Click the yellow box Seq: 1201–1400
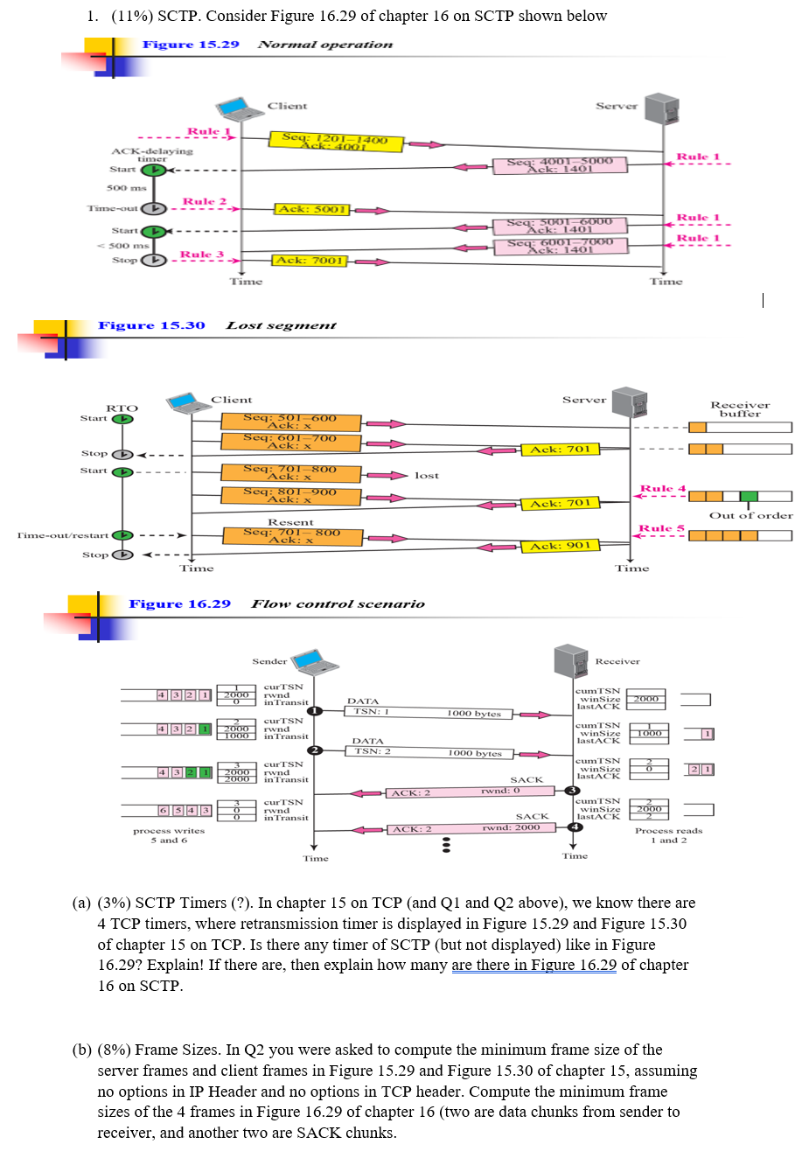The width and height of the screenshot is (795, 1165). click(336, 141)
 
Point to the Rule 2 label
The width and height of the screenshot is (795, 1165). click(204, 202)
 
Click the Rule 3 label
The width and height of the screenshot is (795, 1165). click(202, 255)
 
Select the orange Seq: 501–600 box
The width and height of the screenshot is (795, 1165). click(289, 422)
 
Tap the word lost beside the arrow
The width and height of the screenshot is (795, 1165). click(427, 475)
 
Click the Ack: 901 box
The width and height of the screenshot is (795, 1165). click(560, 546)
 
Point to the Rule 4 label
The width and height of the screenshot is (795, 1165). click(663, 488)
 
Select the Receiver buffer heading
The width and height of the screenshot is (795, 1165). click(740, 409)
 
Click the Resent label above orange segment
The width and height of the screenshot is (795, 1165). click(290, 521)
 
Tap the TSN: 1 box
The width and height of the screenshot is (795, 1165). click(371, 712)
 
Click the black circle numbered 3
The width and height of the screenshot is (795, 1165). click(574, 791)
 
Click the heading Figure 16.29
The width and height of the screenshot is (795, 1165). click(180, 603)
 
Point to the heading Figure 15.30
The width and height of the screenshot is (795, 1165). click(151, 325)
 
